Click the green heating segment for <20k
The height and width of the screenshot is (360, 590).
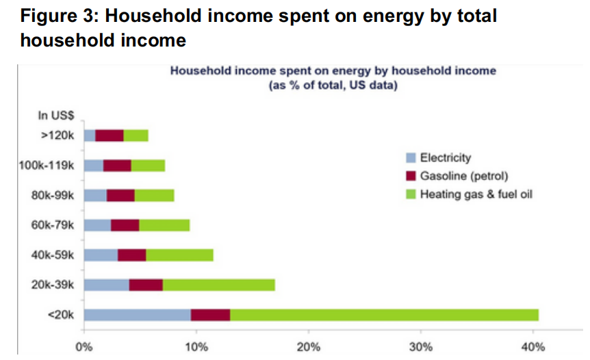tap(384, 315)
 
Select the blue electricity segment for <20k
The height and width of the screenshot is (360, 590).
tap(137, 315)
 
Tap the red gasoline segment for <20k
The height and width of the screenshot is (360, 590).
tap(210, 315)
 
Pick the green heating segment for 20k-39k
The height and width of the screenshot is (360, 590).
tap(218, 285)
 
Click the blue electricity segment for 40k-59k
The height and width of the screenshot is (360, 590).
tap(101, 255)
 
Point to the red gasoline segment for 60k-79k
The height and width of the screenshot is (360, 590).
tap(125, 225)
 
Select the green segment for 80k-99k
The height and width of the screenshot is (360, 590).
tap(154, 195)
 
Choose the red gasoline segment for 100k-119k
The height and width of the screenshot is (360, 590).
tap(117, 165)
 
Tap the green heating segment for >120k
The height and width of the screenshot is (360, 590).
tap(136, 136)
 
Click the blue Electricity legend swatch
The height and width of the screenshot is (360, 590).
tap(411, 158)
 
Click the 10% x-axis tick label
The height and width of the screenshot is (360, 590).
tap(196, 348)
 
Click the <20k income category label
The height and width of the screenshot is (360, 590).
tap(63, 315)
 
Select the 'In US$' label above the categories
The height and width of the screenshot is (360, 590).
tap(62, 114)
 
